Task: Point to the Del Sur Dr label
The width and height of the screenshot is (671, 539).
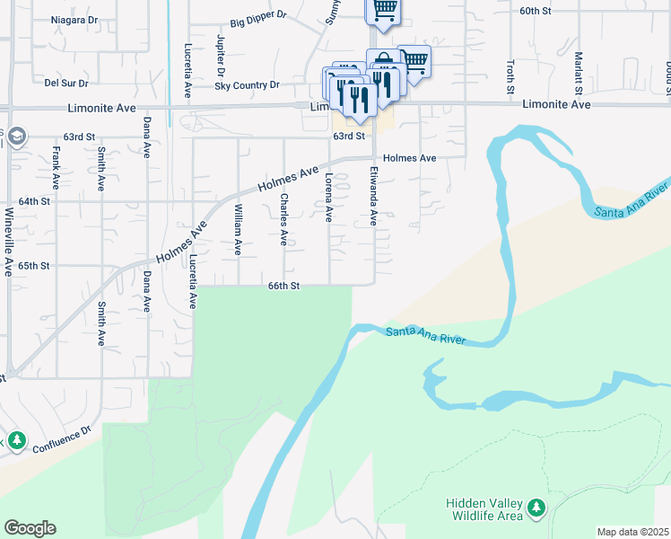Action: point(65,84)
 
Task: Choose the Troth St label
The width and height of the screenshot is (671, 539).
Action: point(510,77)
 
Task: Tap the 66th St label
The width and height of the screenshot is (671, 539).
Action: point(283,286)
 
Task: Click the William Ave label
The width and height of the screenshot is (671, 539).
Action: point(238,230)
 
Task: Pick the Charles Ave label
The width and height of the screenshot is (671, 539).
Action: point(283,219)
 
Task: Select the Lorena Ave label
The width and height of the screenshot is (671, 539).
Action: point(329,198)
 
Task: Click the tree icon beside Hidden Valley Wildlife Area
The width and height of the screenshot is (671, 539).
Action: point(536,508)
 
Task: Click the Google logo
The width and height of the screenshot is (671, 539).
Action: point(30,528)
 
